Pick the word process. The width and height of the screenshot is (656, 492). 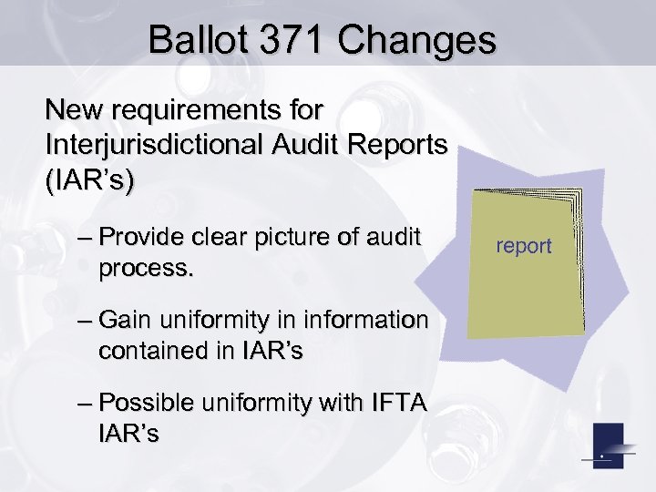[144, 269]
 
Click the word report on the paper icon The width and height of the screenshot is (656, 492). [524, 246]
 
